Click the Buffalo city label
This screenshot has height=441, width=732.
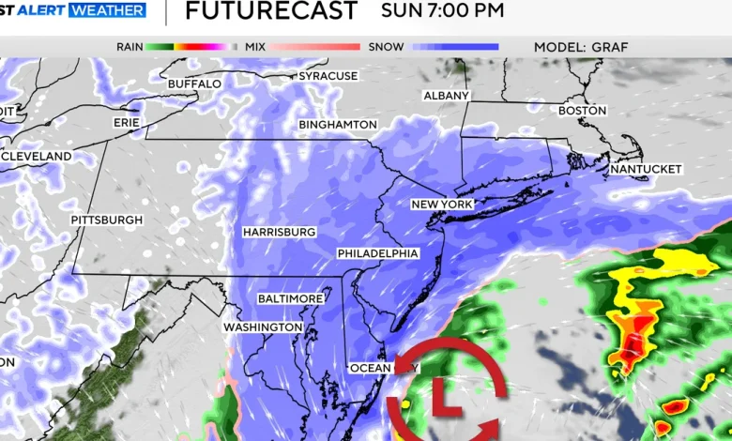(194, 84)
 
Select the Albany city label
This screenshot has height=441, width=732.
(446, 96)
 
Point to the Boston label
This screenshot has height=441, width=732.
(583, 111)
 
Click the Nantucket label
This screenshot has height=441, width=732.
(646, 169)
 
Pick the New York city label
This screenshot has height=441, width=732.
(442, 204)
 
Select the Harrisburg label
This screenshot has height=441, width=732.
(279, 231)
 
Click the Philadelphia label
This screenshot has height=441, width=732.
(378, 253)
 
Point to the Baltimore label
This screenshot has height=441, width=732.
(291, 298)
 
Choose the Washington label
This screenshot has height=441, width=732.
(263, 327)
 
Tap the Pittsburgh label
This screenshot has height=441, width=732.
(107, 220)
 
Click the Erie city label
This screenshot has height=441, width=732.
(127, 122)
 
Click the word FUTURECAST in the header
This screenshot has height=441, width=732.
(271, 11)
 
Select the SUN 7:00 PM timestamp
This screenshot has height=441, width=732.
(442, 11)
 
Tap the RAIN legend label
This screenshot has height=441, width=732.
(130, 46)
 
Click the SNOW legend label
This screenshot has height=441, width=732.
(386, 46)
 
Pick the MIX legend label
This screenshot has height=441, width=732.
(255, 46)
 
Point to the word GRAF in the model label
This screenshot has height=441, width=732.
(610, 46)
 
